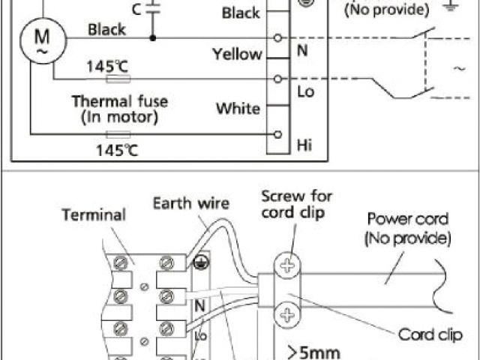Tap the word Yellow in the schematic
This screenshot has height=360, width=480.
pyautogui.click(x=237, y=54)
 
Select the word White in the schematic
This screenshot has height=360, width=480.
pyautogui.click(x=238, y=109)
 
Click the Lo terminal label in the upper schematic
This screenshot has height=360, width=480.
pyautogui.click(x=305, y=92)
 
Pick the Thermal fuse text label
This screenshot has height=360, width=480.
pyautogui.click(x=120, y=101)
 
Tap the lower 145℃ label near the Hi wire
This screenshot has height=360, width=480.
pyautogui.click(x=116, y=149)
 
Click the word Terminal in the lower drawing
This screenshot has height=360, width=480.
pyautogui.click(x=94, y=215)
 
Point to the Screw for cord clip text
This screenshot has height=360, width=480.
pyautogui.click(x=296, y=203)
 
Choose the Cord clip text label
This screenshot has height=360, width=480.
pyautogui.click(x=430, y=334)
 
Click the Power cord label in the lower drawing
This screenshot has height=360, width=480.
pyautogui.click(x=408, y=228)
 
